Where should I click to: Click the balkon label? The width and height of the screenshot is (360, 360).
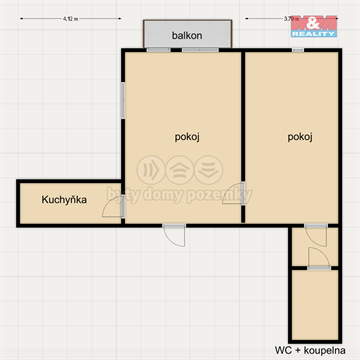[187, 35]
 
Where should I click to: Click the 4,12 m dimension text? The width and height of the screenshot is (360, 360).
[69, 18]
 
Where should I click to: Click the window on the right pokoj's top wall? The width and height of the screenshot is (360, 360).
[298, 49]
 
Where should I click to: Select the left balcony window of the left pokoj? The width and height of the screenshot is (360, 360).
[158, 49]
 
